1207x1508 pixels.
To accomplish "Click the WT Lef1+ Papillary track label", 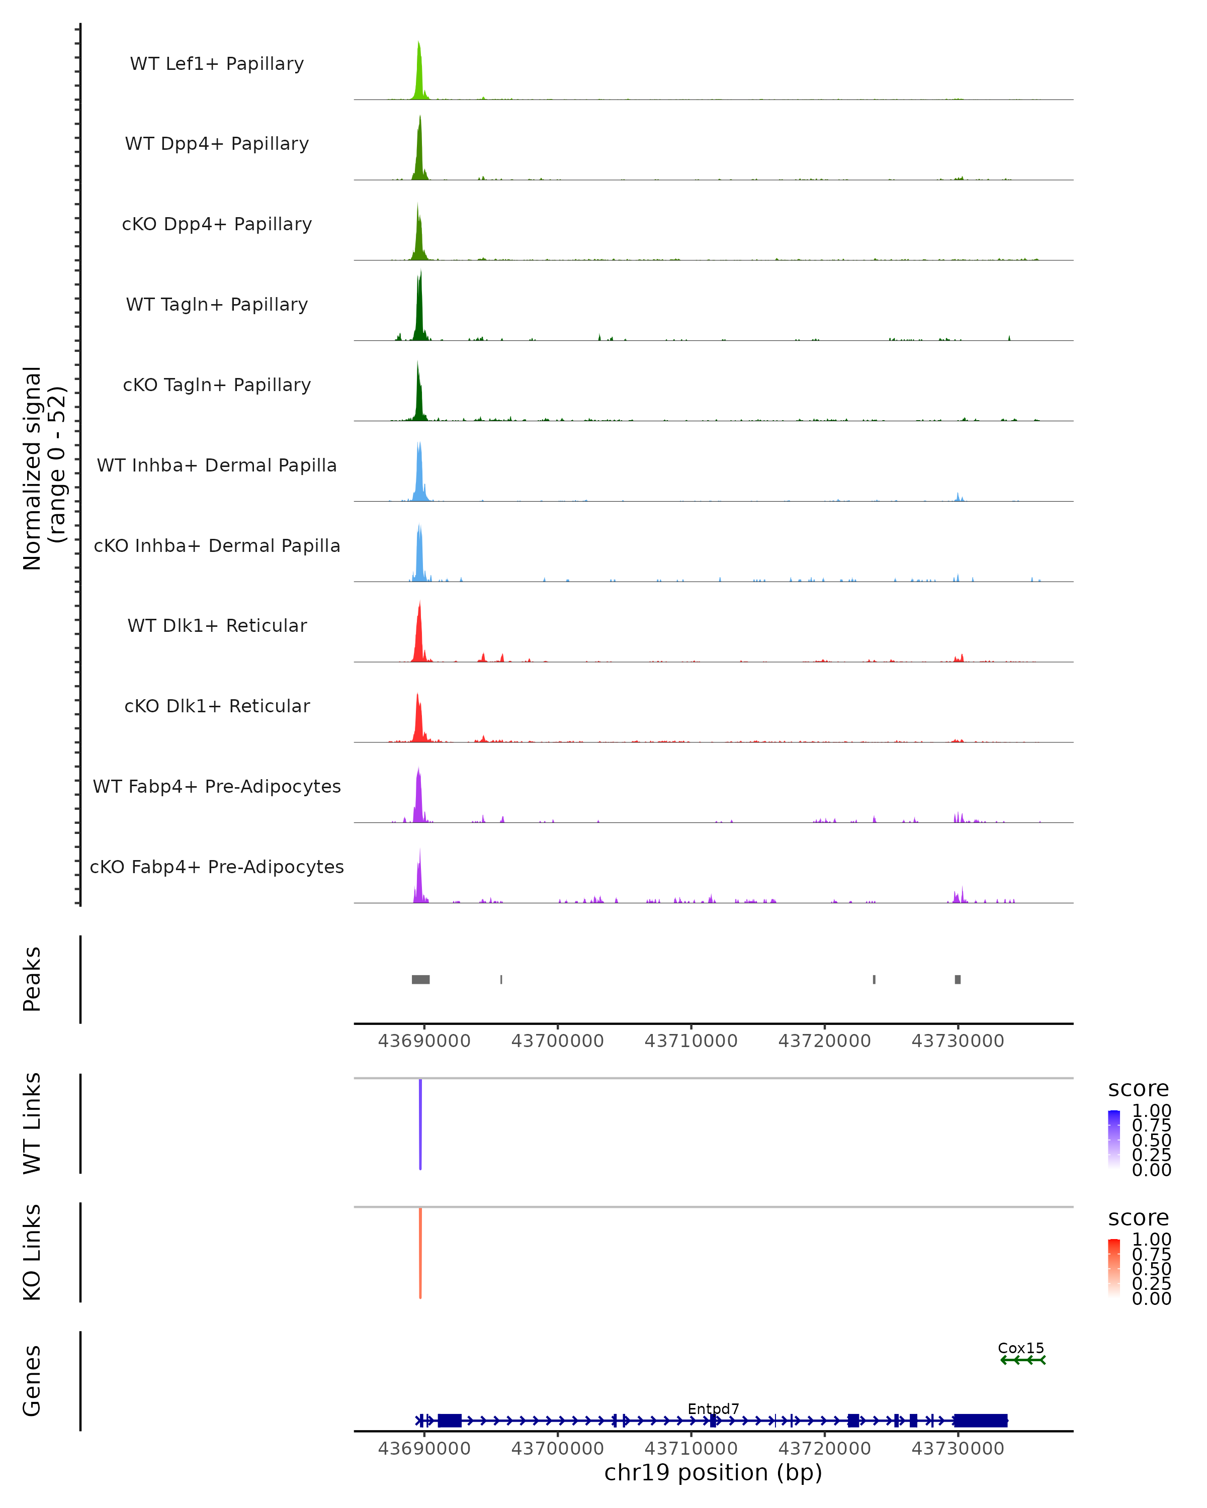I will coord(217,64).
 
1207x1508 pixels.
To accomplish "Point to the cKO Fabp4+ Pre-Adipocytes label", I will coord(217,867).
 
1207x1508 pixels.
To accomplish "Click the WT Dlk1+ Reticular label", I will coord(217,625).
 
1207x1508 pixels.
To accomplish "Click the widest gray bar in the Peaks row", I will coord(420,979).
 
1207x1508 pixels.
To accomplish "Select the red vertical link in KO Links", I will coord(420,1252).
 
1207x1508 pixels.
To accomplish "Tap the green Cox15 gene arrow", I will coord(1022,1360).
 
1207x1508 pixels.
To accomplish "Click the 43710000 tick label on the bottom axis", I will coord(691,1449).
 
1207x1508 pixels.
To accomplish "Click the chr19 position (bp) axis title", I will coord(713,1473).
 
